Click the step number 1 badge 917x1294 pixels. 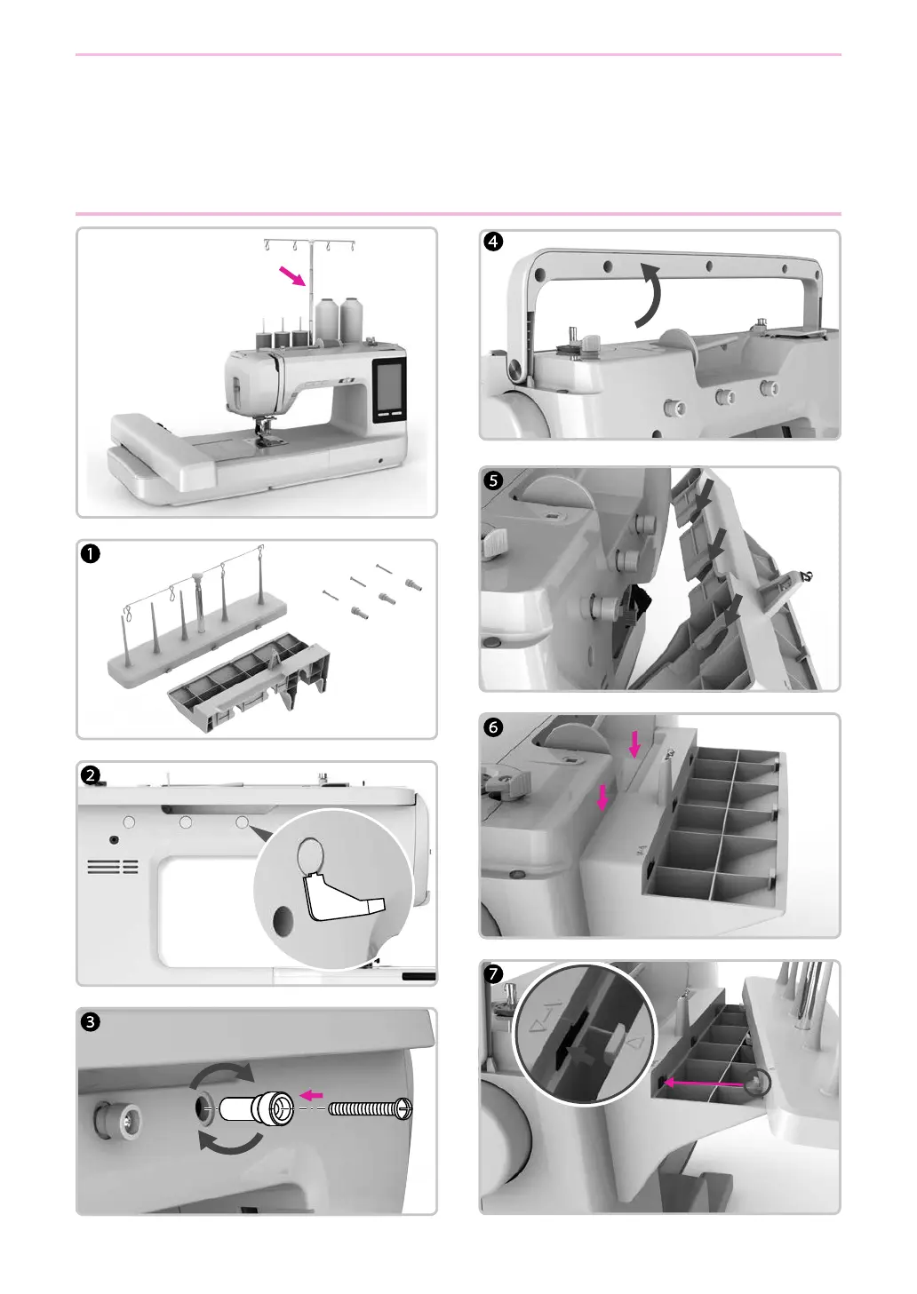[x=90, y=553]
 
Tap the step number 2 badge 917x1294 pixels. [x=90, y=774]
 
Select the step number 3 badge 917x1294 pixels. [x=90, y=1021]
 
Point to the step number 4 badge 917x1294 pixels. [x=492, y=242]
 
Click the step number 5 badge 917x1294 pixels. [x=493, y=480]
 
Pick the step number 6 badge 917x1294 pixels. [x=493, y=727]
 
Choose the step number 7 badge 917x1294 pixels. [x=493, y=973]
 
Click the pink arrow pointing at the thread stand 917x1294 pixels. [x=291, y=276]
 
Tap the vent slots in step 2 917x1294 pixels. [x=113, y=866]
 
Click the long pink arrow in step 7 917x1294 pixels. [x=706, y=1083]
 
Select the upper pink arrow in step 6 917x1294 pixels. [x=634, y=744]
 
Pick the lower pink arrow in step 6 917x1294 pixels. [x=603, y=797]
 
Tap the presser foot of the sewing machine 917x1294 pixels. [x=264, y=433]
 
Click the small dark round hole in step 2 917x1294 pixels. [x=114, y=839]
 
